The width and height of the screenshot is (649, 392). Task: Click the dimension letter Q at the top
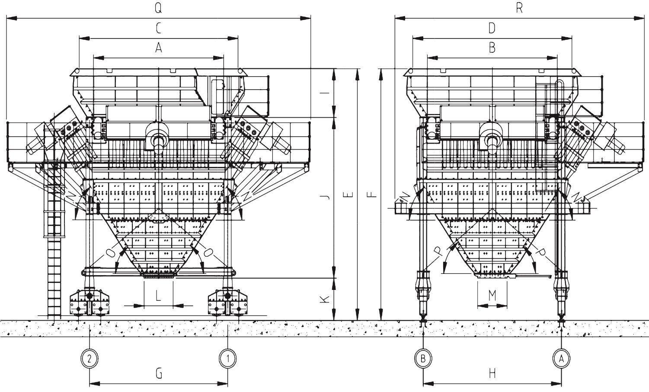tap(158, 8)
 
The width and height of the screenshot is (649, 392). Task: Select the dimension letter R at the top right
tap(519, 8)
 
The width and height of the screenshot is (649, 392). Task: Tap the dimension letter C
tap(159, 29)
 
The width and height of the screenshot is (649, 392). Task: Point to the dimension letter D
tap(492, 28)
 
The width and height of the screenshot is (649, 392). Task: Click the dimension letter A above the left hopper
tap(159, 48)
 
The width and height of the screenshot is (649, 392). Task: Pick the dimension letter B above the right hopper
tap(492, 48)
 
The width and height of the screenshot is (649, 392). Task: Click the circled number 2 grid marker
tap(90, 359)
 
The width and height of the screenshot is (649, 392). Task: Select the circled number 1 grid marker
tap(228, 359)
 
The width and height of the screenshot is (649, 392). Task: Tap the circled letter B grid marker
tap(423, 359)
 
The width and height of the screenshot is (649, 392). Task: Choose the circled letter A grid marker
tap(561, 359)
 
